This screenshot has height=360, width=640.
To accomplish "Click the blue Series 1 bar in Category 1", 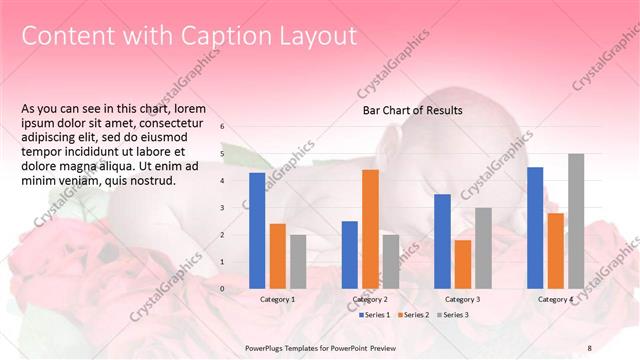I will click(x=257, y=231).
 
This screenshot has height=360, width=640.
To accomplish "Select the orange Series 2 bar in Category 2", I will click(x=370, y=229).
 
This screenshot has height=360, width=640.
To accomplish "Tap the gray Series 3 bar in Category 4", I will click(x=576, y=221).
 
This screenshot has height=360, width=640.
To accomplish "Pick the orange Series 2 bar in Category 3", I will click(x=462, y=264).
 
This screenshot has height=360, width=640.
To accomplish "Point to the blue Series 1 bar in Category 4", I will click(x=535, y=228).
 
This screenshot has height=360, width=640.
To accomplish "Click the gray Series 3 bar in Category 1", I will click(x=298, y=262).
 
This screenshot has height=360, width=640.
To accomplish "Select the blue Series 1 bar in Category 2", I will click(x=350, y=255).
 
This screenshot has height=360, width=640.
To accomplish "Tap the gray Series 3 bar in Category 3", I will click(x=483, y=248).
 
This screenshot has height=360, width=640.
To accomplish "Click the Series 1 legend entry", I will click(x=377, y=315).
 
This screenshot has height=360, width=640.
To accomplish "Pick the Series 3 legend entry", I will click(x=452, y=315).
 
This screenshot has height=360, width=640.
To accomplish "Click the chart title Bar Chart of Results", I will click(x=412, y=111).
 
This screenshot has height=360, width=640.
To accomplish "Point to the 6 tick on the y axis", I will click(x=223, y=127).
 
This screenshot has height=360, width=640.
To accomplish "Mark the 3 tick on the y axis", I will click(x=223, y=208).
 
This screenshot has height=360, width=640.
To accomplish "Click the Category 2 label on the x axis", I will click(x=370, y=299).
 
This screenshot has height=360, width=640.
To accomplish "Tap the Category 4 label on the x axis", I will click(x=555, y=299).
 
